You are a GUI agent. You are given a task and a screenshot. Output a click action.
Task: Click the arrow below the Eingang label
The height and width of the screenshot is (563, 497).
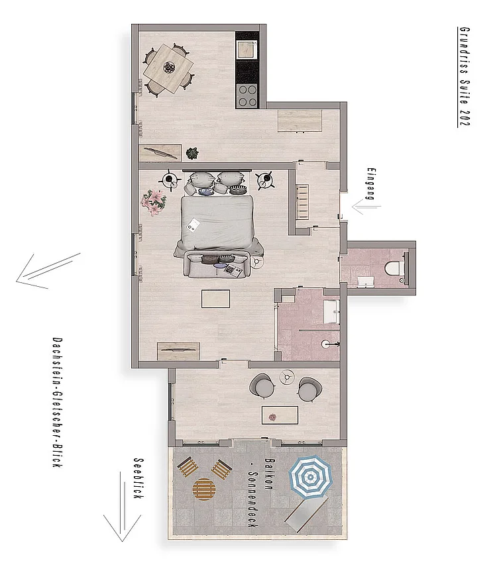[366, 207]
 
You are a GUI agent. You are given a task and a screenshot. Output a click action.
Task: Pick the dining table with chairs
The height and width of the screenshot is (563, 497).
[169, 68]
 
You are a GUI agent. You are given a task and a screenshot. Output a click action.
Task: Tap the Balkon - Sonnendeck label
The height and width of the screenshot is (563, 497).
[260, 493]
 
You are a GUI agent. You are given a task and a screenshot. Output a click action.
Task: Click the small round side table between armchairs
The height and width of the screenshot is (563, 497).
[288, 378]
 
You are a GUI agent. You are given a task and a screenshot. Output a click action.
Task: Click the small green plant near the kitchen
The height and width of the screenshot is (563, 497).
[192, 153]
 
